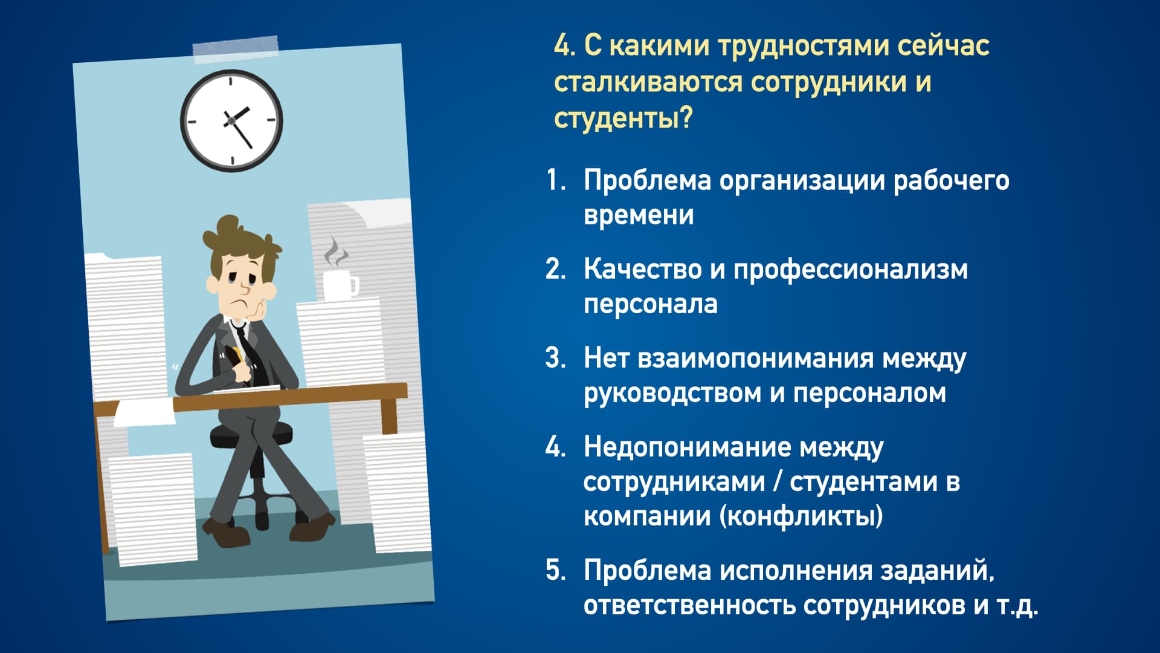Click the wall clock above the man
click(231, 120)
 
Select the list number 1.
click(556, 180)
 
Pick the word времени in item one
click(639, 215)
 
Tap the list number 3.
click(556, 358)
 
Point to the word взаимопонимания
click(755, 359)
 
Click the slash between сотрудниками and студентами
click(777, 482)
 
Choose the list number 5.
click(556, 570)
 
